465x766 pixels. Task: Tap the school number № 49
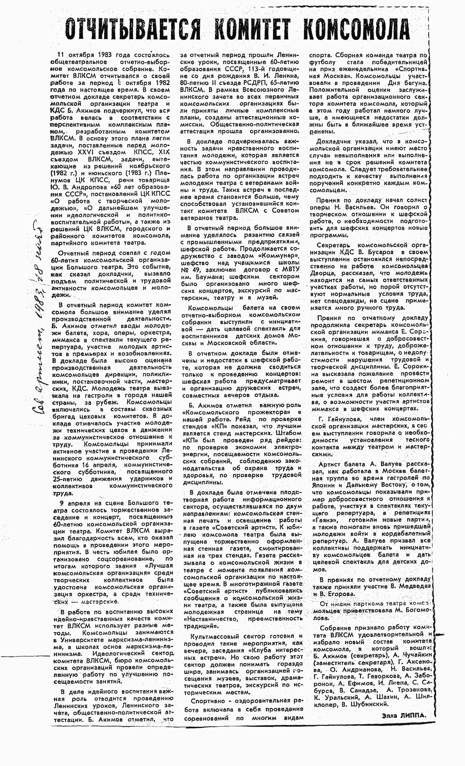pyautogui.click(x=192, y=269)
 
